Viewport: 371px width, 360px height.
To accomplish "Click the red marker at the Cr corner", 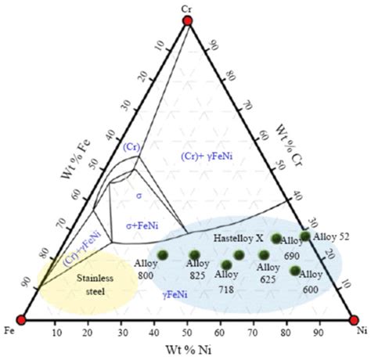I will pos(187,20).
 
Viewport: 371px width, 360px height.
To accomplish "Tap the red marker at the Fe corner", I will pos(22,320).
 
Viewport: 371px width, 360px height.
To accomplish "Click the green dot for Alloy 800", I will pos(164,255).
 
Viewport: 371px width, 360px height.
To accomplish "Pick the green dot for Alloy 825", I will pos(195,255).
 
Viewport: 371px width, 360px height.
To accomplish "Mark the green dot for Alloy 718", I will pos(226,265).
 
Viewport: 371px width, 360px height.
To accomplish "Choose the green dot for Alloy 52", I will pos(305,236).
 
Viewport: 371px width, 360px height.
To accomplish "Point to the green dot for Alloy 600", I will pos(295,271).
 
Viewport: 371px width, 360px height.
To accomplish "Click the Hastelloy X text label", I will pos(238,236).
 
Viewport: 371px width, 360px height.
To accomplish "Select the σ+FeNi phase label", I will pos(139,224).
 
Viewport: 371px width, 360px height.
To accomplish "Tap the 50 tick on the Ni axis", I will pos(188,333).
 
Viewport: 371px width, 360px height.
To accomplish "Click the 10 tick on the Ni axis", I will pos(56,333).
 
